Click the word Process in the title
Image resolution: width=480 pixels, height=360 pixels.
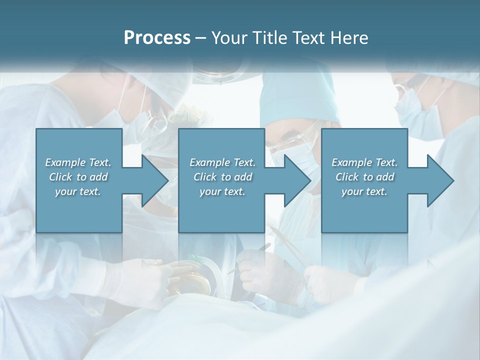click(157, 38)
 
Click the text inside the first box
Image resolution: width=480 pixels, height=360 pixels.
click(78, 177)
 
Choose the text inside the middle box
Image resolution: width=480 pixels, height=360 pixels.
click(222, 177)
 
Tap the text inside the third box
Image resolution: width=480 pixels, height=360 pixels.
click(364, 177)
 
